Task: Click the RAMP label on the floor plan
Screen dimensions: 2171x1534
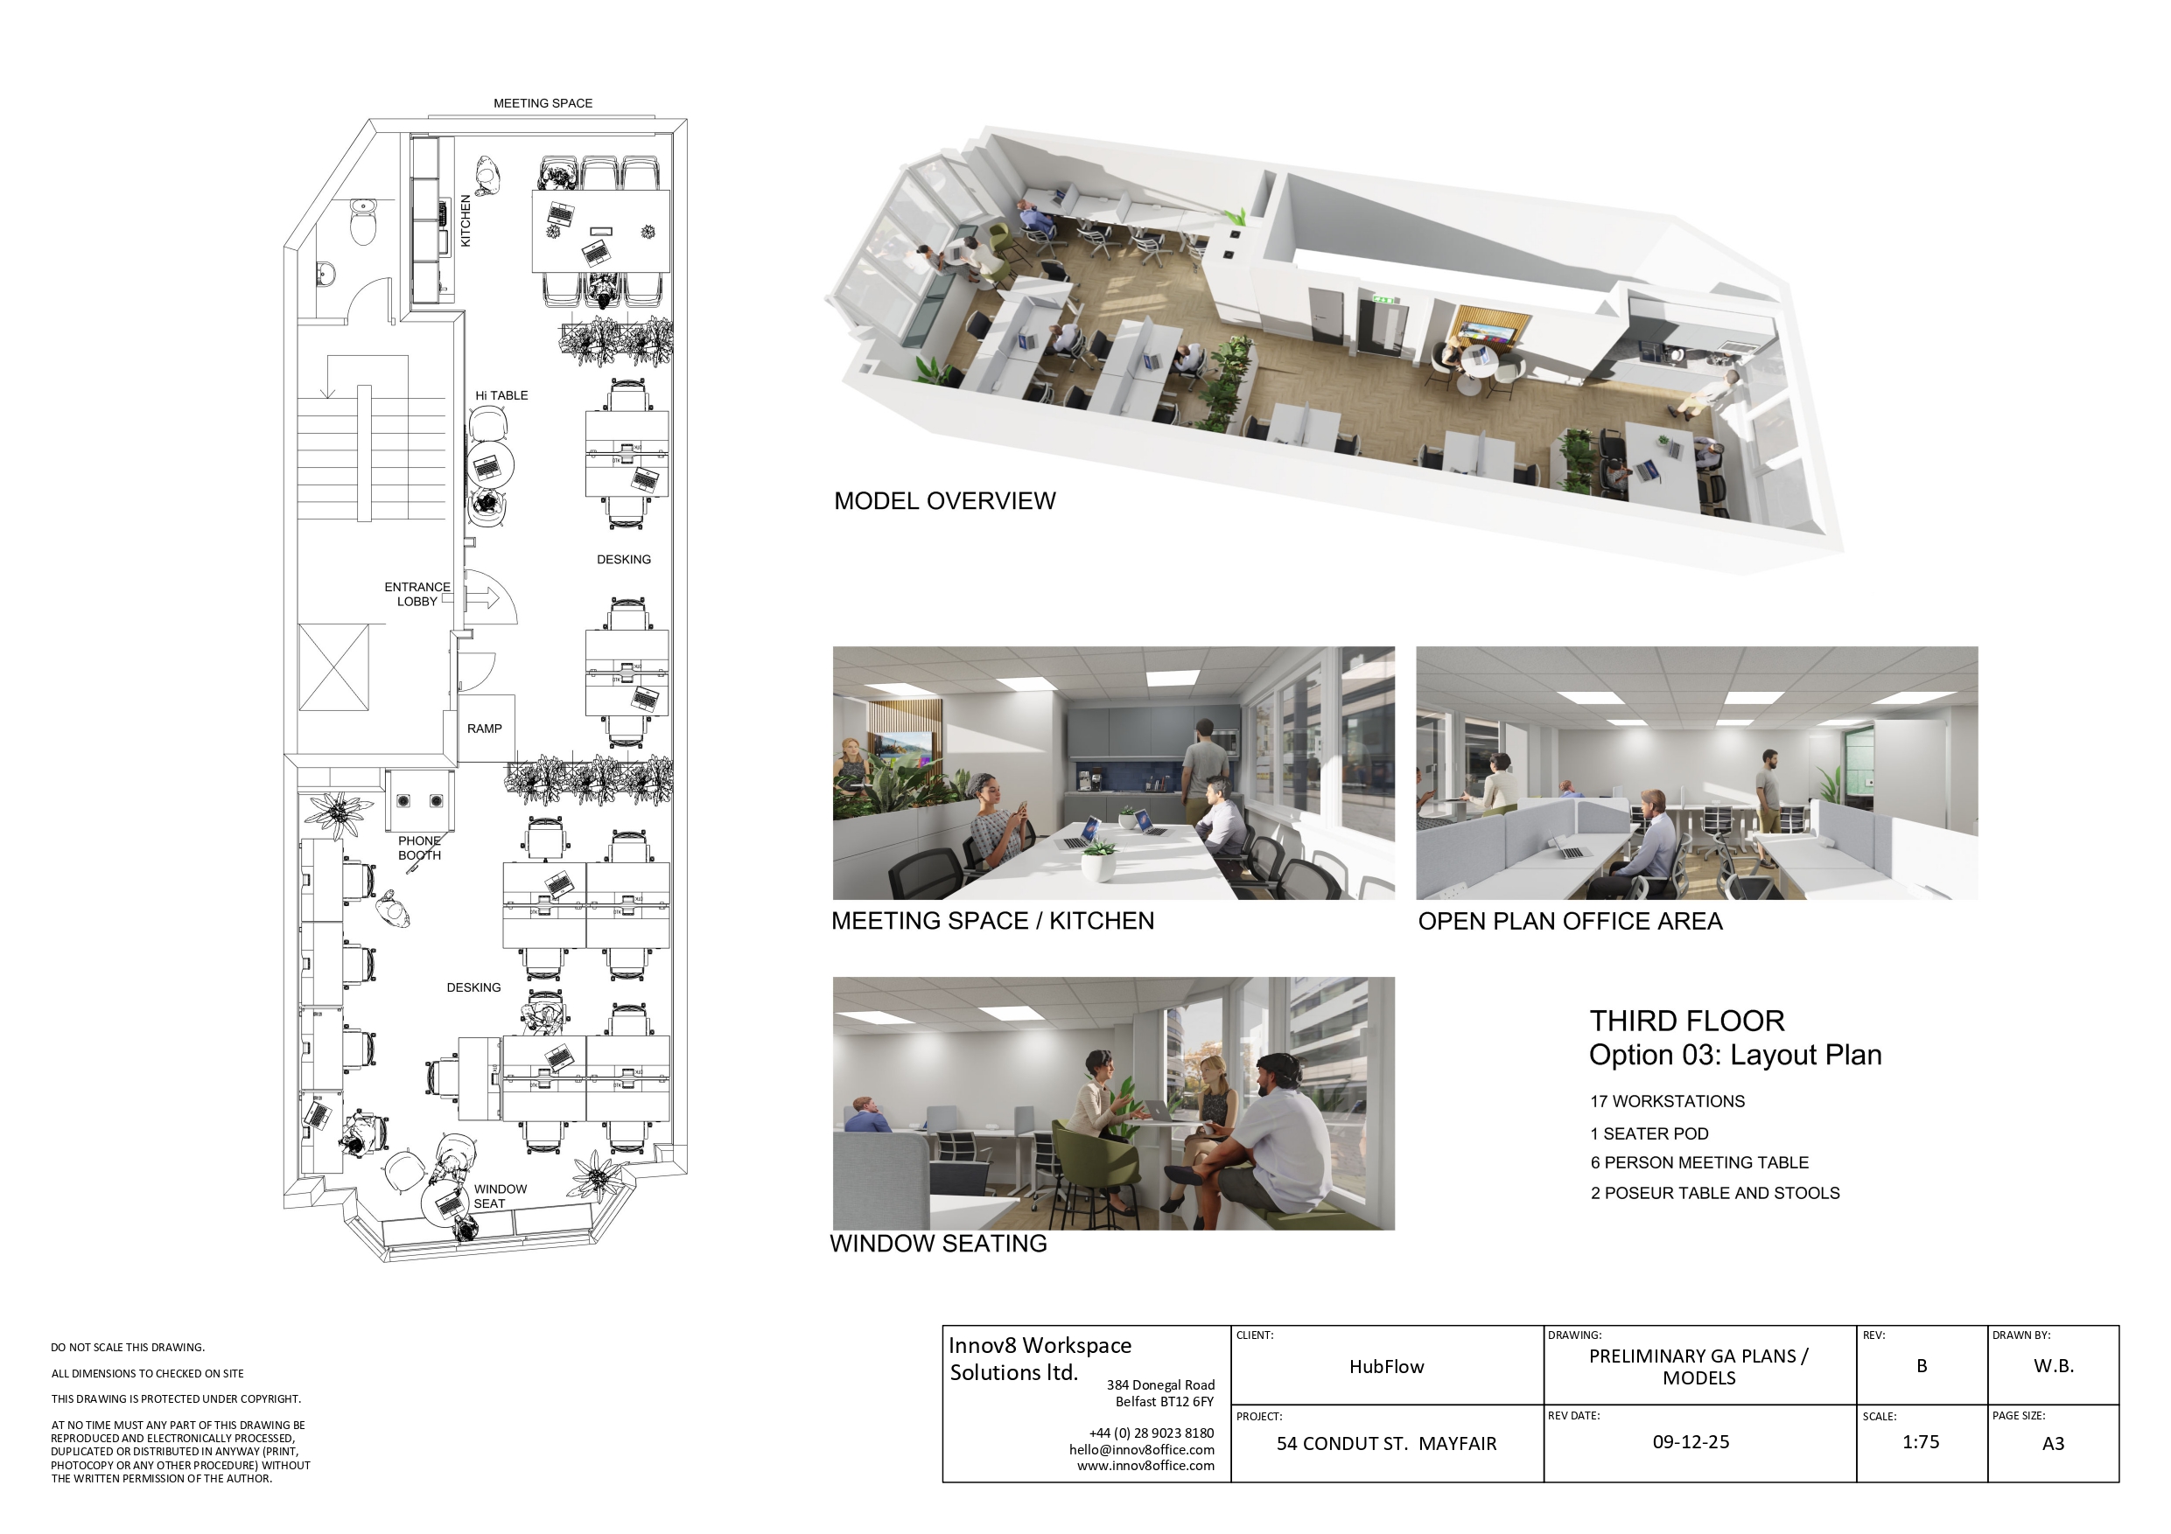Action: [x=484, y=729]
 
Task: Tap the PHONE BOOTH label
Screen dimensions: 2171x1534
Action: [x=419, y=847]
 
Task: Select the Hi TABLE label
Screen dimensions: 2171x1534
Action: [x=501, y=395]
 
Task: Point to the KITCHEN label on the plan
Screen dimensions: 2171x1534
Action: [x=466, y=221]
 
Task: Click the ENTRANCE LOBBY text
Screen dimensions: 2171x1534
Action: [x=417, y=594]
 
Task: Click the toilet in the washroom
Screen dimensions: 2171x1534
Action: [x=363, y=222]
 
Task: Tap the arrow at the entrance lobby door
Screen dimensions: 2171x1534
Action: [x=484, y=597]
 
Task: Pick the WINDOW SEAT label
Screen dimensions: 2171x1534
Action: [x=501, y=1196]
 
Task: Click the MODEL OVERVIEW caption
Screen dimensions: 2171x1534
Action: [x=944, y=501]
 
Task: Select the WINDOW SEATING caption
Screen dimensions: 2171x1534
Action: [x=938, y=1243]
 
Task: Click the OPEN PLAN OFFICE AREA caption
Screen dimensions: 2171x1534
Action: [x=1570, y=922]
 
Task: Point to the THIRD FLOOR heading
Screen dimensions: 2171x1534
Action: [x=1687, y=1021]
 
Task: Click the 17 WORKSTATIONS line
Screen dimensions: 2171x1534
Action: [x=1667, y=1101]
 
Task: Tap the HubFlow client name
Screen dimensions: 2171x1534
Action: [x=1386, y=1367]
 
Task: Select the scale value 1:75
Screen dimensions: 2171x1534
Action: [x=1921, y=1442]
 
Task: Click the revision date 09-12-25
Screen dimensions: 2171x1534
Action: [x=1691, y=1442]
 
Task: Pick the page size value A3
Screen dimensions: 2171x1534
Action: [x=2053, y=1443]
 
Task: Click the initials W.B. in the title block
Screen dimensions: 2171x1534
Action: [x=2054, y=1366]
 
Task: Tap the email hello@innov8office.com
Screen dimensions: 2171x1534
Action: [x=1141, y=1449]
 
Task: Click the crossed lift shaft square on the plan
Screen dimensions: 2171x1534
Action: [x=333, y=666]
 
